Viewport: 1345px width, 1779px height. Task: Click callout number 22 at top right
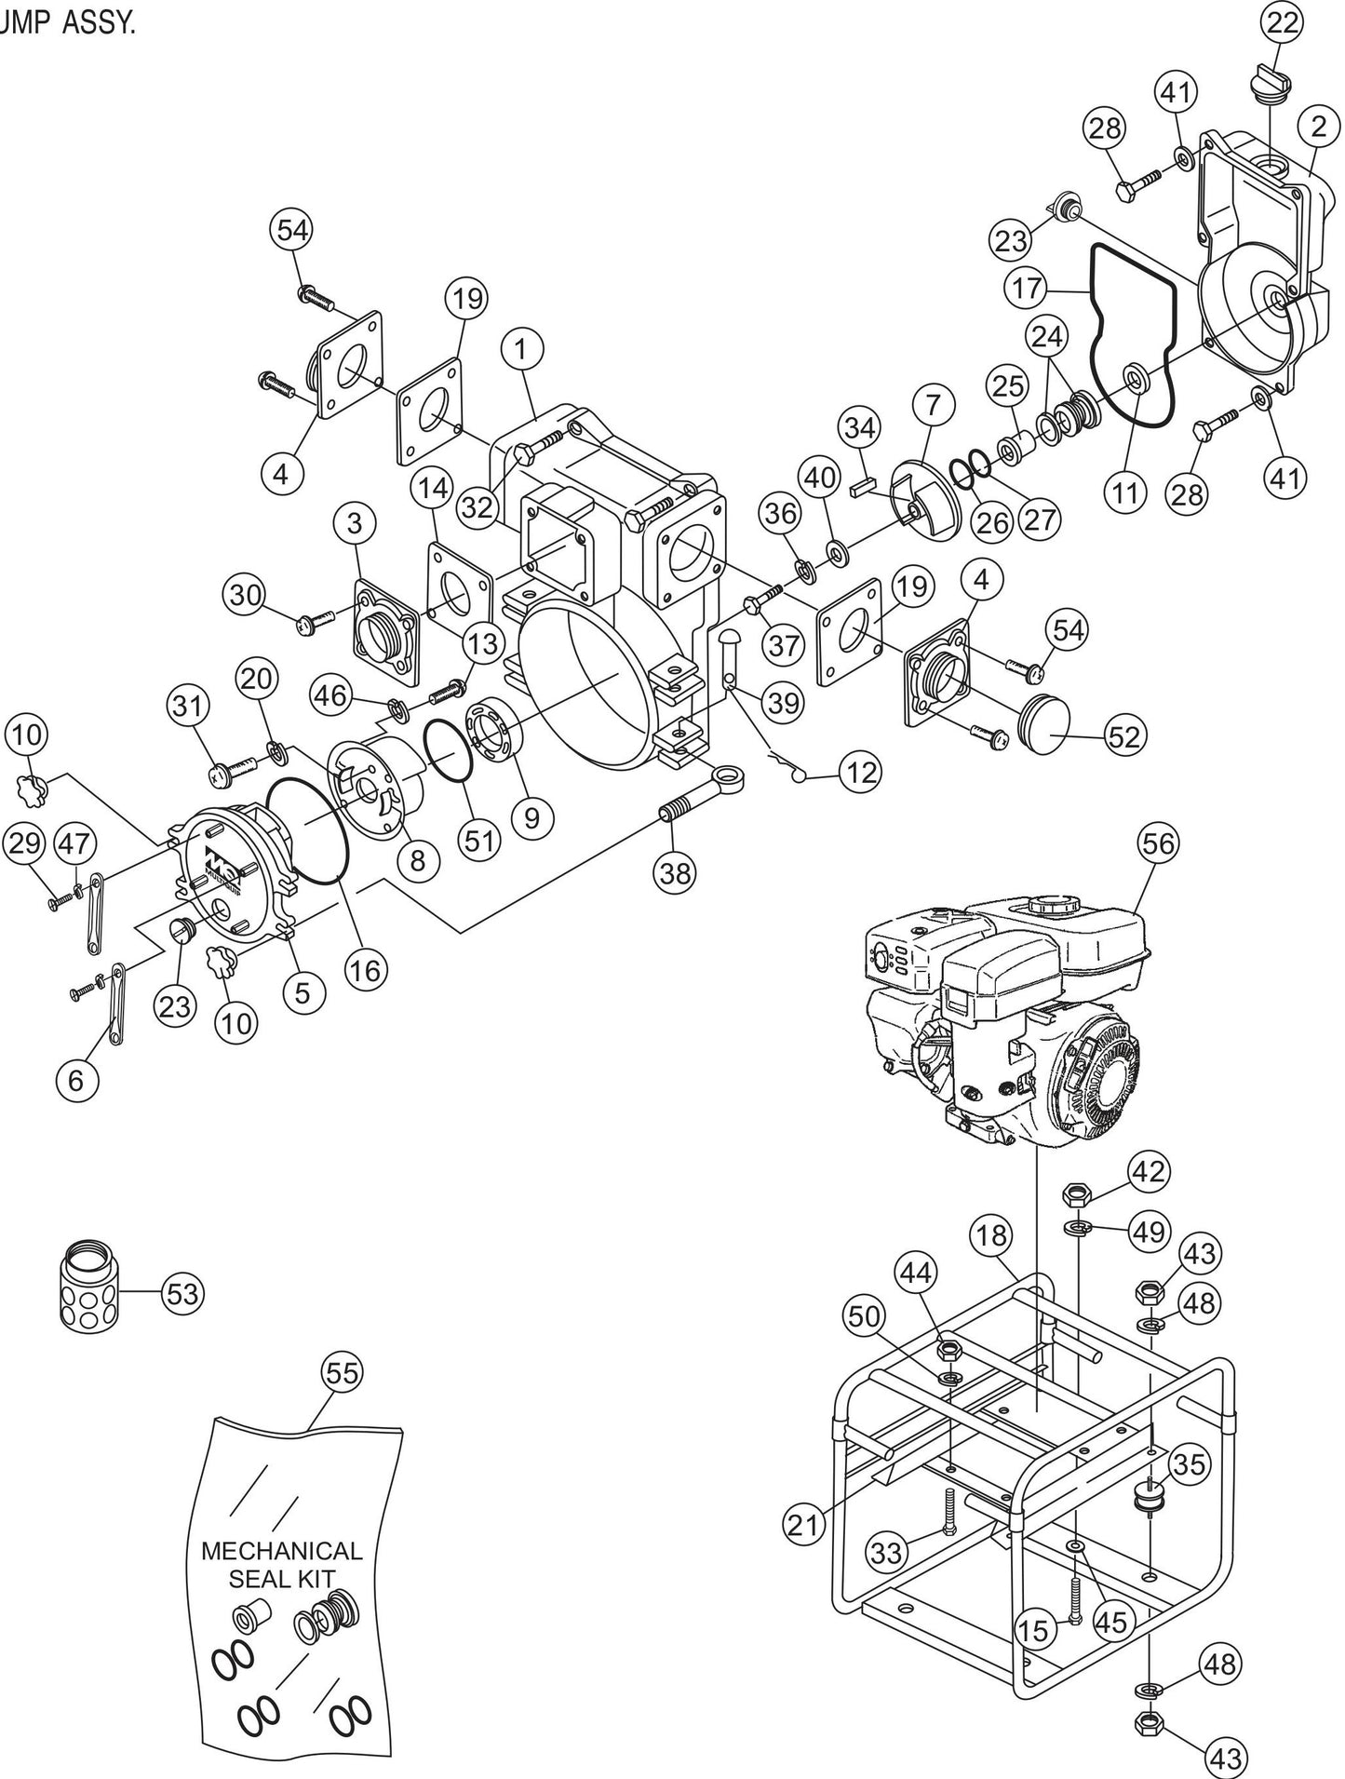pyautogui.click(x=1282, y=24)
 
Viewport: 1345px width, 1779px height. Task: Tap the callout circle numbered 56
pyautogui.click(x=1157, y=843)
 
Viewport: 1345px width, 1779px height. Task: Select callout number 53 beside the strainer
pyautogui.click(x=182, y=1293)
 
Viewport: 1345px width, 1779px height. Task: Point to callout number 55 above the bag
pyautogui.click(x=342, y=1373)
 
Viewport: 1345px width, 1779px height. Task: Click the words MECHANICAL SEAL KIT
pyautogui.click(x=282, y=1565)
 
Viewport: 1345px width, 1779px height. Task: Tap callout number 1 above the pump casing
pyautogui.click(x=520, y=351)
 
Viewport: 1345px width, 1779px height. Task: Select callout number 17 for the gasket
pyautogui.click(x=1027, y=288)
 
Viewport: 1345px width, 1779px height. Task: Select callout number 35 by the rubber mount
pyautogui.click(x=1188, y=1464)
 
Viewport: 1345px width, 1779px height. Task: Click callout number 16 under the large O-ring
pyautogui.click(x=365, y=970)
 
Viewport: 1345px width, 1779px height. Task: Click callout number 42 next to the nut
pyautogui.click(x=1148, y=1172)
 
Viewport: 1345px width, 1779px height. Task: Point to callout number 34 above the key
pyautogui.click(x=859, y=429)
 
